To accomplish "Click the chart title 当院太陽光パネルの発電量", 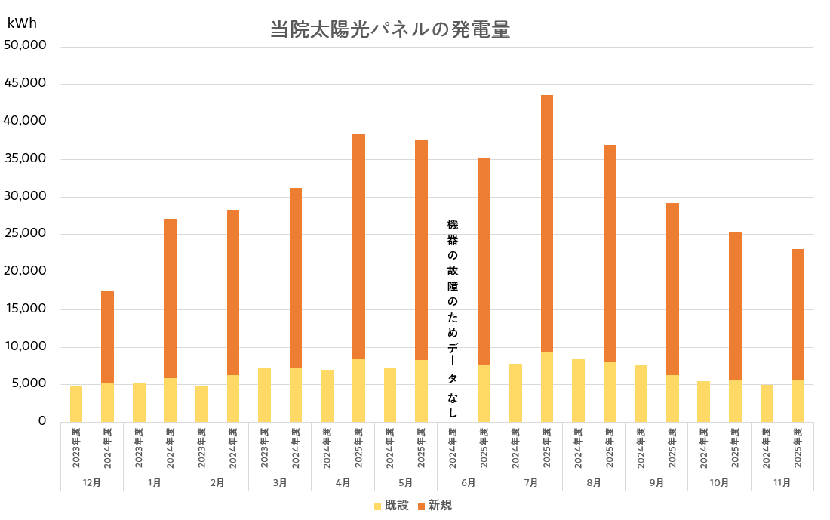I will pyautogui.click(x=390, y=30).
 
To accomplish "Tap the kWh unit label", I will pyautogui.click(x=22, y=23).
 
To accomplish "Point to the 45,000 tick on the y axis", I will pyautogui.click(x=26, y=83).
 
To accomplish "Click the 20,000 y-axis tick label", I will pyautogui.click(x=26, y=271).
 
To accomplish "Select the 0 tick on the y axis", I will pyautogui.click(x=42, y=421).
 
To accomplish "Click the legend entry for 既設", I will pyautogui.click(x=391, y=505).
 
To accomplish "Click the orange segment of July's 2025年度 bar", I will pyautogui.click(x=547, y=223).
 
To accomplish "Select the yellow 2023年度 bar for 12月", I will pyautogui.click(x=76, y=404).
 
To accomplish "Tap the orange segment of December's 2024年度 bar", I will pyautogui.click(x=108, y=337).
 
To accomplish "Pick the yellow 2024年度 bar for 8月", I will pyautogui.click(x=578, y=390).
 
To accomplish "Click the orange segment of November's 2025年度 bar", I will pyautogui.click(x=798, y=314).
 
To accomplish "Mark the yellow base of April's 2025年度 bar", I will pyautogui.click(x=358, y=390).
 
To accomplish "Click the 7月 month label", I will pyautogui.click(x=531, y=482).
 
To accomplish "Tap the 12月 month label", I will pyautogui.click(x=92, y=482).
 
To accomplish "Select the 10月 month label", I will pyautogui.click(x=719, y=482).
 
